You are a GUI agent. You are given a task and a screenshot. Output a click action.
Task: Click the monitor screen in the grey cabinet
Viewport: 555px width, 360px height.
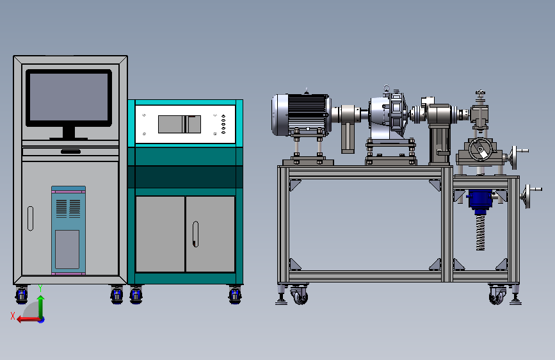click(68, 97)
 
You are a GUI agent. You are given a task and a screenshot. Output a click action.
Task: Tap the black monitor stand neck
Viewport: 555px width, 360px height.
click(68, 132)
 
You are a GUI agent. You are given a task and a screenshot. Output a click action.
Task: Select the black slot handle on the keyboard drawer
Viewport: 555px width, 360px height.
click(71, 152)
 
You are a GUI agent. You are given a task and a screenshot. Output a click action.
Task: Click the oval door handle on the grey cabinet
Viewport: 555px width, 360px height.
click(31, 218)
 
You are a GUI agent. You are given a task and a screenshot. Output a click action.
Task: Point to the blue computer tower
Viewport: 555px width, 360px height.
click(68, 231)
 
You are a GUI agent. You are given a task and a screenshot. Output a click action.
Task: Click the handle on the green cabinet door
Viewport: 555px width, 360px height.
click(195, 234)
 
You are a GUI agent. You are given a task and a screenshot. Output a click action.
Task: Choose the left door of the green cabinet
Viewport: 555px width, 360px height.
click(160, 234)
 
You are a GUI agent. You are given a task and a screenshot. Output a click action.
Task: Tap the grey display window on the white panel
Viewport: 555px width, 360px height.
click(179, 124)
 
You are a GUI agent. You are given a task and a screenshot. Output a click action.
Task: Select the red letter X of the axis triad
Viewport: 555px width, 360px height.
click(13, 316)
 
